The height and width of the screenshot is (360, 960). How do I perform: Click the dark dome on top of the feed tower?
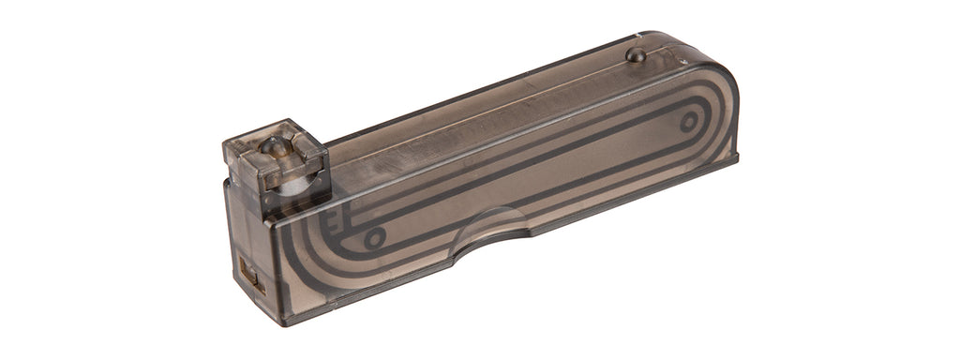pyautogui.click(x=273, y=145)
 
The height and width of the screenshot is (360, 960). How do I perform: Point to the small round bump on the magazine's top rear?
pyautogui.click(x=636, y=54)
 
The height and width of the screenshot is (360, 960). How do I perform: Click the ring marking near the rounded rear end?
pyautogui.click(x=689, y=121)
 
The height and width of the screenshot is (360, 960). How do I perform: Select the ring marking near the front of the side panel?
pyautogui.click(x=374, y=238)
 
